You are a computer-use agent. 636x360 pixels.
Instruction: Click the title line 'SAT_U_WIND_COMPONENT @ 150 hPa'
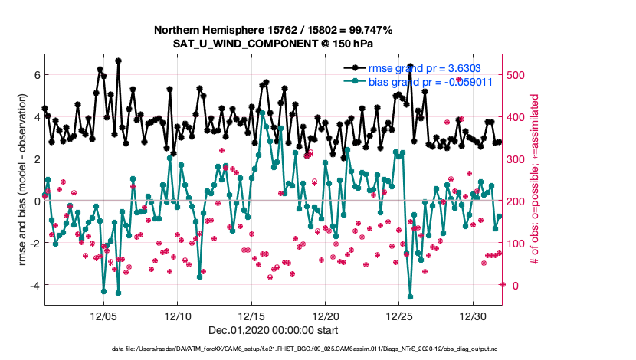pyautogui.click(x=273, y=44)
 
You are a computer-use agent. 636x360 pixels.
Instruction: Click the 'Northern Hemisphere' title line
pyautogui.click(x=273, y=30)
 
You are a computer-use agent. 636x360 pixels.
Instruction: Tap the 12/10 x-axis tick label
pyautogui.click(x=178, y=316)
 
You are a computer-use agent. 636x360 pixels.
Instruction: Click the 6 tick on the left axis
pyautogui.click(x=36, y=75)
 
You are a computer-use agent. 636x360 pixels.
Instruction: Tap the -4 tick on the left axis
pyautogui.click(x=34, y=285)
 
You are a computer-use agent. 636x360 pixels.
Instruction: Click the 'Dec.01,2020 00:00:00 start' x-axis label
pyautogui.click(x=273, y=330)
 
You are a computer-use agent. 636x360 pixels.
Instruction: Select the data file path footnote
pyautogui.click(x=273, y=349)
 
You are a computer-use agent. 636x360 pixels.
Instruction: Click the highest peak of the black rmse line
pyautogui.click(x=118, y=60)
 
